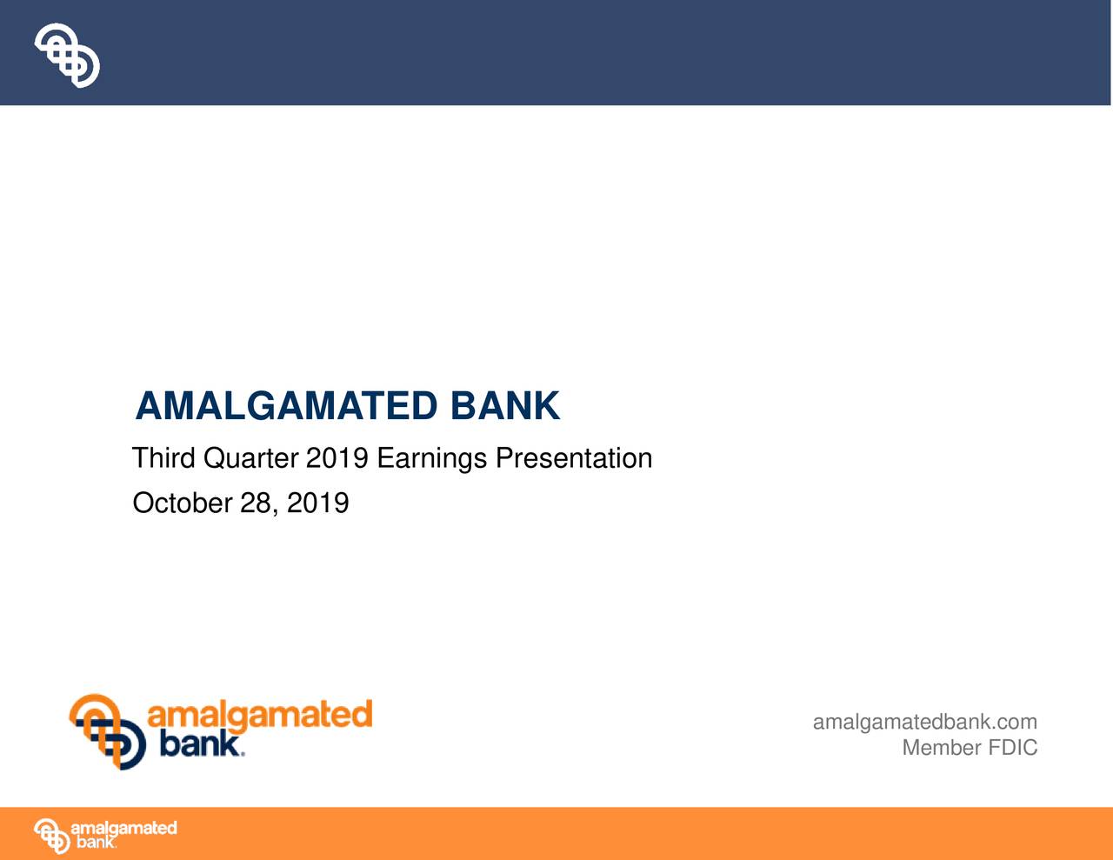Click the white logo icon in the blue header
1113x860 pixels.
coord(67,55)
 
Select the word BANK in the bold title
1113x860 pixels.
coord(505,406)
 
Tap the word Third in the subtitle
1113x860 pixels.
coord(163,458)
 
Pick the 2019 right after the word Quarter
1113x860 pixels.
coord(337,458)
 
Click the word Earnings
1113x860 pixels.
coord(432,458)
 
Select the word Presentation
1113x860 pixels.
coord(574,458)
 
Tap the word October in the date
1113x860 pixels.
coord(182,503)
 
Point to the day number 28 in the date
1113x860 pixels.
coord(257,503)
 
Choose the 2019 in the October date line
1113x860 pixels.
coord(318,503)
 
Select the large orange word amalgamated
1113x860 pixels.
coord(260,716)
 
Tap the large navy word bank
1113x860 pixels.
coord(200,744)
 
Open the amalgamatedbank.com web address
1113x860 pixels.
coord(924,722)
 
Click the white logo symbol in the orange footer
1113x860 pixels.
coord(51,836)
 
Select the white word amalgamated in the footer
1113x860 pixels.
coord(123,828)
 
